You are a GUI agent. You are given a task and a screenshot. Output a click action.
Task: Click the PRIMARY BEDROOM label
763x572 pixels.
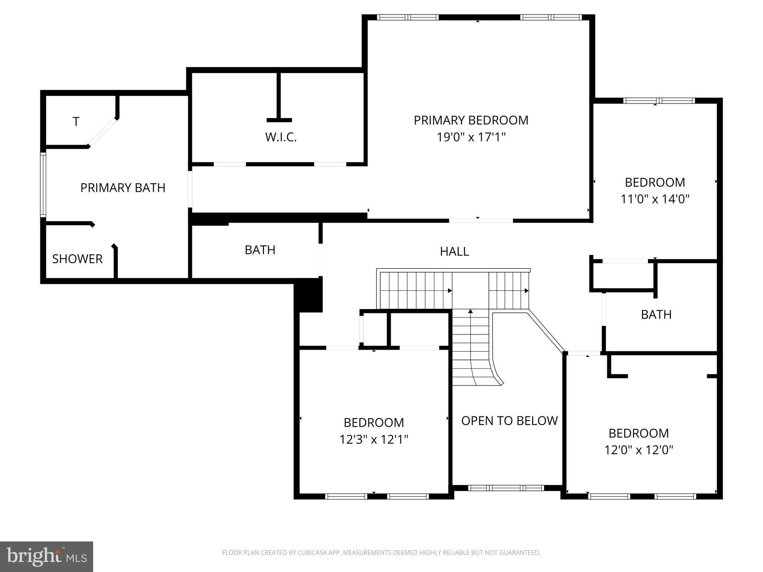point(471,120)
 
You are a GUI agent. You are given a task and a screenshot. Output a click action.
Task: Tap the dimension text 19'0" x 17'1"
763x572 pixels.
point(471,137)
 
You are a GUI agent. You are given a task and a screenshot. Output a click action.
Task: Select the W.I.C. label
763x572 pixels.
point(281,137)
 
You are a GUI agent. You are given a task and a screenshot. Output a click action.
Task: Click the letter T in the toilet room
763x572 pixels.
point(76,122)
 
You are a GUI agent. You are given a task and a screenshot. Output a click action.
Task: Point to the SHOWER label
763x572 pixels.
point(77,259)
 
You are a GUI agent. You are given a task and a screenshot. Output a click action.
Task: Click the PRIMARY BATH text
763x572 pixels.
point(123,188)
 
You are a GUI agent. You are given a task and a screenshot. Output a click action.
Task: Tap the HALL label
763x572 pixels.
point(454,252)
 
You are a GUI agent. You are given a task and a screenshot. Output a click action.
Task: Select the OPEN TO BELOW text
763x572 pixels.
point(509,421)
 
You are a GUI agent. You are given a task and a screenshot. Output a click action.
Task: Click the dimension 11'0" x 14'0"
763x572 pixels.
point(655,199)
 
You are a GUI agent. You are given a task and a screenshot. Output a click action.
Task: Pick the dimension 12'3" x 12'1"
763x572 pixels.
point(374,440)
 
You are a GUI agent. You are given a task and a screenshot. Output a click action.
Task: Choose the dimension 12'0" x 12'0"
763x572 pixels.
point(639,450)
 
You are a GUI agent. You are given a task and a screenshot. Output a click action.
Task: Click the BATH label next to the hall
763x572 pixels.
point(260,250)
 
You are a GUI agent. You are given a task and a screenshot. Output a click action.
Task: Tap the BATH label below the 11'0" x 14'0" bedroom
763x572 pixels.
point(656,315)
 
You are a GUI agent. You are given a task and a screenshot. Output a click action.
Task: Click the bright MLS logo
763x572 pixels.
point(47,557)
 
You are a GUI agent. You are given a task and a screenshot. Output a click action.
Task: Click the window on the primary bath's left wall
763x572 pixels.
point(43,185)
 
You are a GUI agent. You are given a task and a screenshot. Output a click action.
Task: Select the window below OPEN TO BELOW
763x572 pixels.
point(506,488)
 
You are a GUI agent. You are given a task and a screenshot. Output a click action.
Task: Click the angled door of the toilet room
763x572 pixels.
point(103,133)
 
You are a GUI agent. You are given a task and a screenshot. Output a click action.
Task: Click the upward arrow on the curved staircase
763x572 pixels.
point(471,311)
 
